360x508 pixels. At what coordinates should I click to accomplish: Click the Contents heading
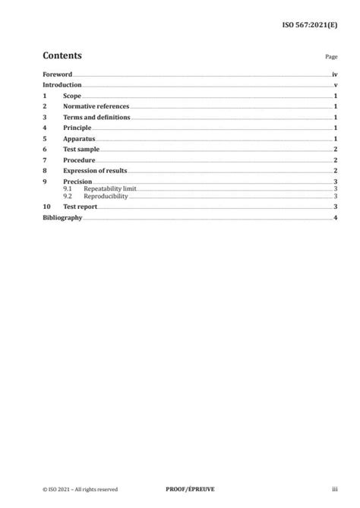[62, 55]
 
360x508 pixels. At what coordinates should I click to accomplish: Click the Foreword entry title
[57, 75]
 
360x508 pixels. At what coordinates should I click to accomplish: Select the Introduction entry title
[62, 86]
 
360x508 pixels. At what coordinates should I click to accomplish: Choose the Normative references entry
[96, 107]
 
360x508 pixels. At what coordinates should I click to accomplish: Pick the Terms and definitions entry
[96, 118]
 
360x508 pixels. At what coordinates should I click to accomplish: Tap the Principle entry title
[77, 129]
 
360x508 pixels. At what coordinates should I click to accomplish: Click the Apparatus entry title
[78, 140]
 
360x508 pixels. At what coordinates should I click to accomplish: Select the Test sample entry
[81, 150]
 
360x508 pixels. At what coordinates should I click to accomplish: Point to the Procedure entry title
[79, 161]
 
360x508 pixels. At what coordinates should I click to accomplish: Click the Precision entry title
[77, 182]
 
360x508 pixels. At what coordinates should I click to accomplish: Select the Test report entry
[82, 207]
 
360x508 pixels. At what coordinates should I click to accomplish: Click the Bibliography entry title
[62, 218]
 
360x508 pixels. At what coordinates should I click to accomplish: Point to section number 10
[46, 207]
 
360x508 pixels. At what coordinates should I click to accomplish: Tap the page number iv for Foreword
[334, 75]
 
